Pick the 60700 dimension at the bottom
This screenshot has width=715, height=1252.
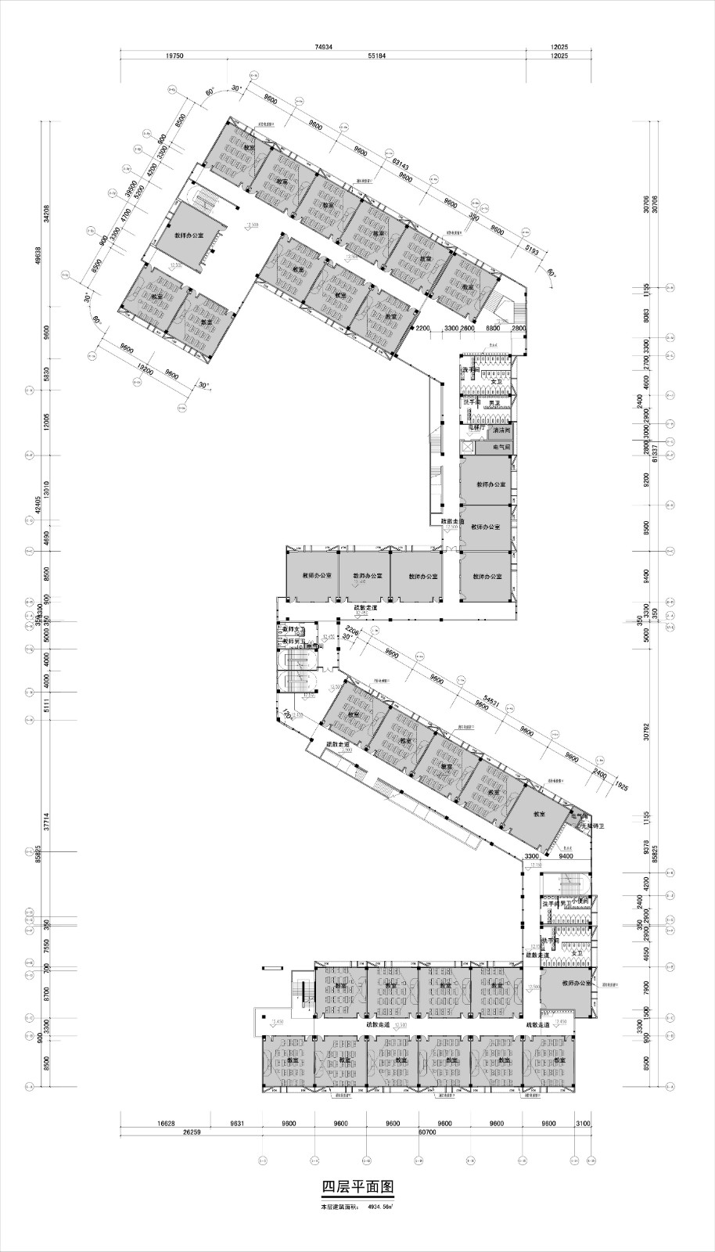coord(427,1131)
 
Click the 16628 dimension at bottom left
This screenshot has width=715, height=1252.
coord(166,1123)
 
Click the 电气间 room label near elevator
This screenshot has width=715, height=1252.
coord(501,448)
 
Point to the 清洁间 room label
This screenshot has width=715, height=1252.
coord(501,430)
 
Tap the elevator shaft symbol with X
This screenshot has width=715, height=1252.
coord(468,448)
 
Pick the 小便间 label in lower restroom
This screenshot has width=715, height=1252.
coord(580,901)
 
